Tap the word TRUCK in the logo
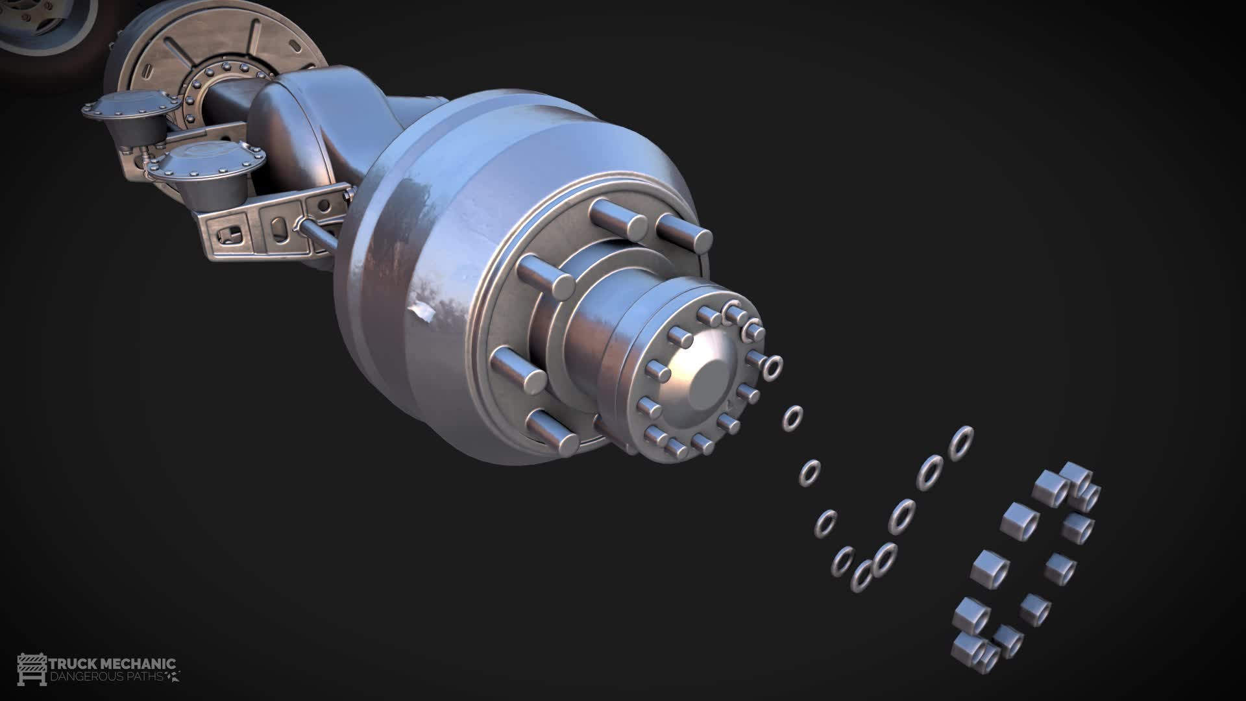[71, 664]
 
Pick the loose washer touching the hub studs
[772, 367]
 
